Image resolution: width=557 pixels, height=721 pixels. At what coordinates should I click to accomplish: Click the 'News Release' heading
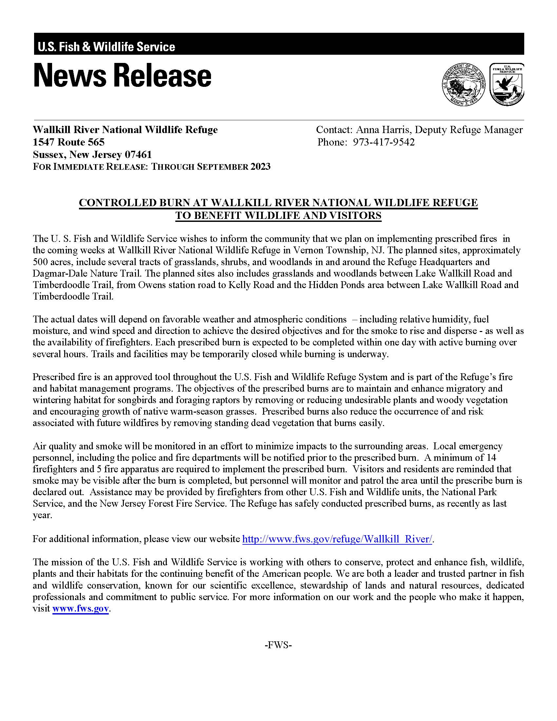pyautogui.click(x=122, y=76)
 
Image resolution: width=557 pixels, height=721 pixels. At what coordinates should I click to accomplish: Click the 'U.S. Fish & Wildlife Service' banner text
pyautogui.click(x=106, y=47)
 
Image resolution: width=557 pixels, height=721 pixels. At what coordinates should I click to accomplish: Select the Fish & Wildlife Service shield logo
pyautogui.click(x=507, y=84)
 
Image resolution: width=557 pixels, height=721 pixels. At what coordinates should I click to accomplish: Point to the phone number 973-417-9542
pyautogui.click(x=383, y=142)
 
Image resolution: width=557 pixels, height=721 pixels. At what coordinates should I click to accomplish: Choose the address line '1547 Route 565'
pyautogui.click(x=68, y=142)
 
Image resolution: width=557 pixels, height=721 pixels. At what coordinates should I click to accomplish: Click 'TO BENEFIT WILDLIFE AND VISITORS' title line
pyautogui.click(x=278, y=216)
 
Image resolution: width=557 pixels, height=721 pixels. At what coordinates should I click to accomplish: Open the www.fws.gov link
pyautogui.click(x=81, y=609)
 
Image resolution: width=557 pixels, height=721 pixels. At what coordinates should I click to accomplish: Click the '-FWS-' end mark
pyautogui.click(x=278, y=645)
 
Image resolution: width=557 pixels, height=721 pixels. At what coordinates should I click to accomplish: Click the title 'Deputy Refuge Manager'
pyautogui.click(x=469, y=130)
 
